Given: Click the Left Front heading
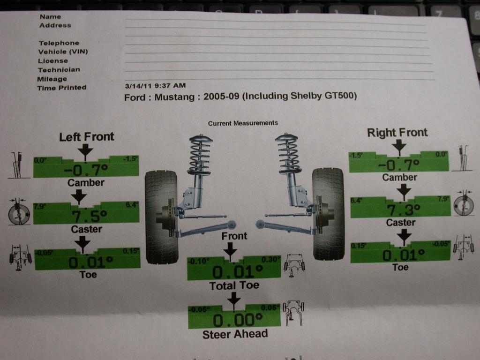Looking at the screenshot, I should coord(86,137).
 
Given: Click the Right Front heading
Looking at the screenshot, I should coord(397,133).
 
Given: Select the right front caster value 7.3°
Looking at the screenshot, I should coord(401,210).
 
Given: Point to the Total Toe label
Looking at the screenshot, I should coord(234,285).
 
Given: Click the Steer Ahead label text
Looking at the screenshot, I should coord(235,334).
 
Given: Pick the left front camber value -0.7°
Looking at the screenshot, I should coord(85,170).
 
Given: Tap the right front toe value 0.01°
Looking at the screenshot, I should coord(401,255).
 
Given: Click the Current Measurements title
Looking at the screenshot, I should coord(243,123).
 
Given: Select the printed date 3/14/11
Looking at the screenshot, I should coord(138,86).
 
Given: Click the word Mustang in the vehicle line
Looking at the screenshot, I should coord(175,97).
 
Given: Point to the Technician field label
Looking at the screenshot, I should coord(59,70).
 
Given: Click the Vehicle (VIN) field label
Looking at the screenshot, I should coord(63,52).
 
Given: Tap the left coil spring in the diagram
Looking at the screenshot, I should coord(201,155).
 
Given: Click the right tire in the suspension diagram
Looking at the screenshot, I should coord(328,213).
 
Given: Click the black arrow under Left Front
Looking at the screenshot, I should coord(85,150).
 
